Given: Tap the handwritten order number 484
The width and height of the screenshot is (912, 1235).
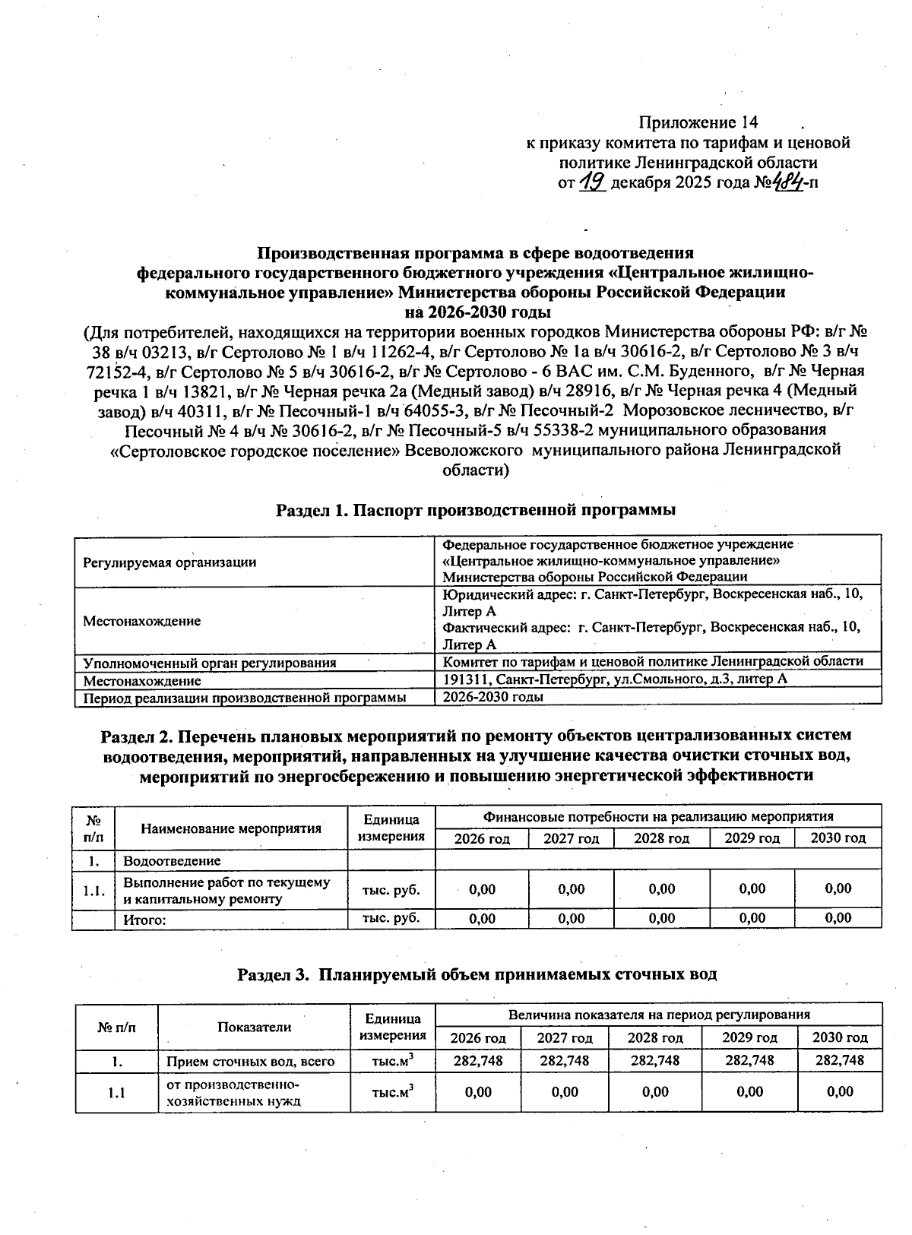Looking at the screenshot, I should tap(788, 182).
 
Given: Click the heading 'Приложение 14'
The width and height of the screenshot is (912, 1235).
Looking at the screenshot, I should tap(698, 122).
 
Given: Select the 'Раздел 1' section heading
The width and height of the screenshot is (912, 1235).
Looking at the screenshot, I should tap(476, 510).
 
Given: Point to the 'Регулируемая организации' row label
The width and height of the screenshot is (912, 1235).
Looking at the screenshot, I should tap(169, 562).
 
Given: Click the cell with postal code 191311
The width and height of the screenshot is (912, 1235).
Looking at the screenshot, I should tap(614, 679).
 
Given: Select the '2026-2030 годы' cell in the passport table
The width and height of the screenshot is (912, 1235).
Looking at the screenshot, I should tap(492, 696).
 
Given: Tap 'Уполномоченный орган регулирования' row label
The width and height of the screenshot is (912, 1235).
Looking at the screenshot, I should tap(210, 663).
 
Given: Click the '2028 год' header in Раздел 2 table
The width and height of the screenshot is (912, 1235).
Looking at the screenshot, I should tap(661, 838).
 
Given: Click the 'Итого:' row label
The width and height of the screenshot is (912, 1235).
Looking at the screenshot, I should tap(144, 919).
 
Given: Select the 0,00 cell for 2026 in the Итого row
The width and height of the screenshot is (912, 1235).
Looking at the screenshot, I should tap(482, 918).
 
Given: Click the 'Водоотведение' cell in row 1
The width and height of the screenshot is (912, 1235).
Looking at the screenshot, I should tap(172, 860).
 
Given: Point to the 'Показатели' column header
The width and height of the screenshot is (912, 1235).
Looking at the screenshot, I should tap(254, 1027).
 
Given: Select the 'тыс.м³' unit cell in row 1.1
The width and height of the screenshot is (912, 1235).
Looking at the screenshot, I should tap(393, 1092).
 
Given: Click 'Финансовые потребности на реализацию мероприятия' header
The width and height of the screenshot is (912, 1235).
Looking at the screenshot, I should tap(658, 816).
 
